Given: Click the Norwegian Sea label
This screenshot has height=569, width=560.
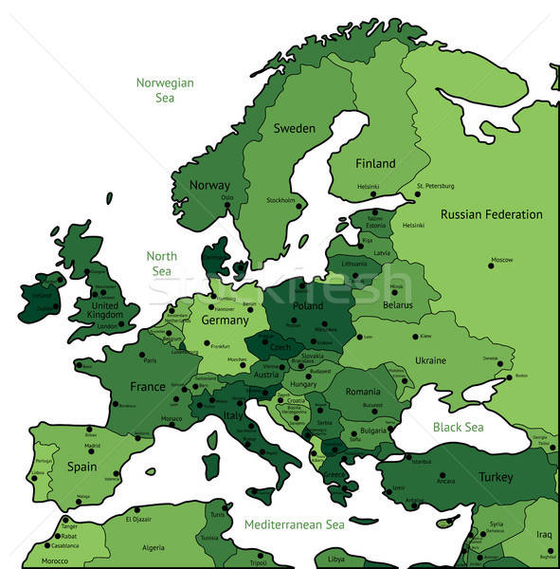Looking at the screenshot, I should (165, 90).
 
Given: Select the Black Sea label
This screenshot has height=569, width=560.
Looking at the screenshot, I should (458, 427).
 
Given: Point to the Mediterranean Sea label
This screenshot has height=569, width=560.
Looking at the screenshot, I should (294, 524).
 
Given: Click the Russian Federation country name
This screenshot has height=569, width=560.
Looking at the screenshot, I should (492, 214).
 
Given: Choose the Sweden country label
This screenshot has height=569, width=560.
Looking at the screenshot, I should (294, 128).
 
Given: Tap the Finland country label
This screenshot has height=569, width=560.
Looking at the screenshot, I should (375, 163).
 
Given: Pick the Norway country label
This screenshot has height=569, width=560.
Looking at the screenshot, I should (209, 185).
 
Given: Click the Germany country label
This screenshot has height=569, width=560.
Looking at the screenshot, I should (225, 321).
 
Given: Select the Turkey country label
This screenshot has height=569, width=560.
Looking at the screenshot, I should (495, 477).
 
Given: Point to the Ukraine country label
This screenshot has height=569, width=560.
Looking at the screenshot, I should (430, 360).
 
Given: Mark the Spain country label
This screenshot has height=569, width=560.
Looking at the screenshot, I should (81, 467).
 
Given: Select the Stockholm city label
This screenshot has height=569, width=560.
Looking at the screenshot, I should (280, 200).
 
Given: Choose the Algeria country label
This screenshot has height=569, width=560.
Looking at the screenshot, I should (153, 548).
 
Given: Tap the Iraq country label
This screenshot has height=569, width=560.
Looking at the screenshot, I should (543, 534).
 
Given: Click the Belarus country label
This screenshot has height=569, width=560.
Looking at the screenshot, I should (398, 305).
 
